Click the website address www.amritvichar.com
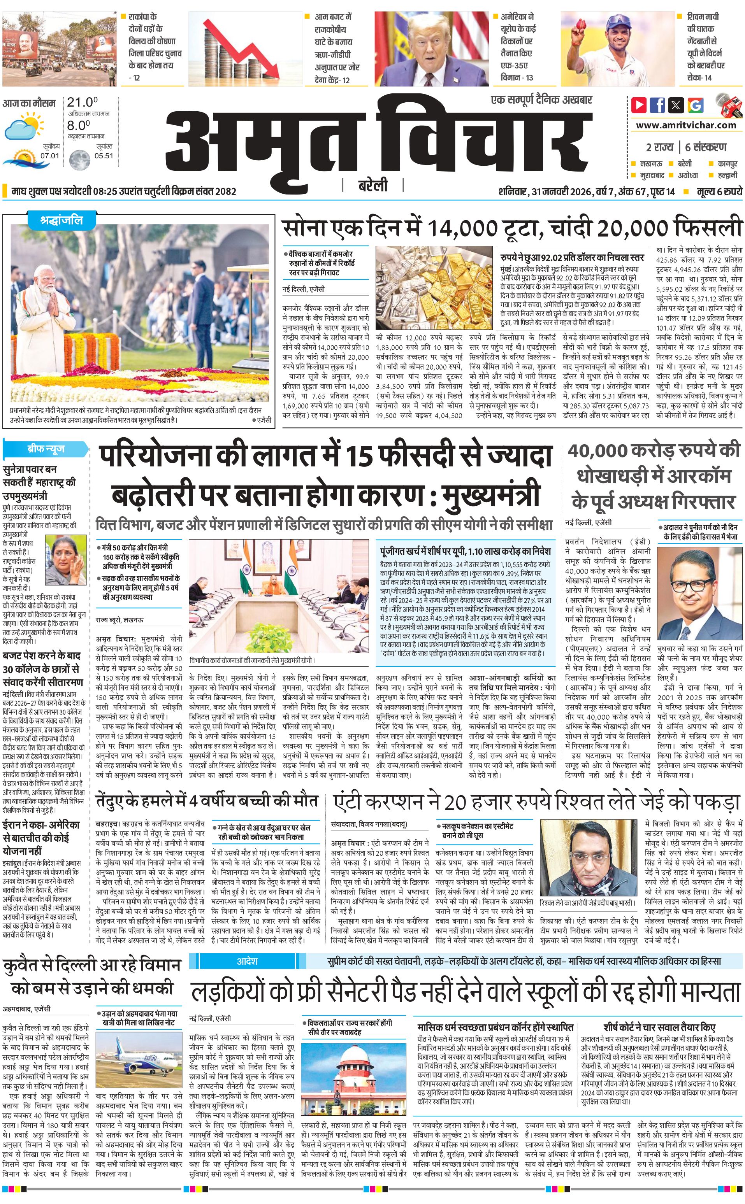[686, 125]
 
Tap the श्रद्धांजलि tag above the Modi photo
[61, 220]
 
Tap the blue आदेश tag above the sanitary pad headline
[247, 961]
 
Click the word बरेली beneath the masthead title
[372, 185]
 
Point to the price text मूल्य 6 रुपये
[719, 191]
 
